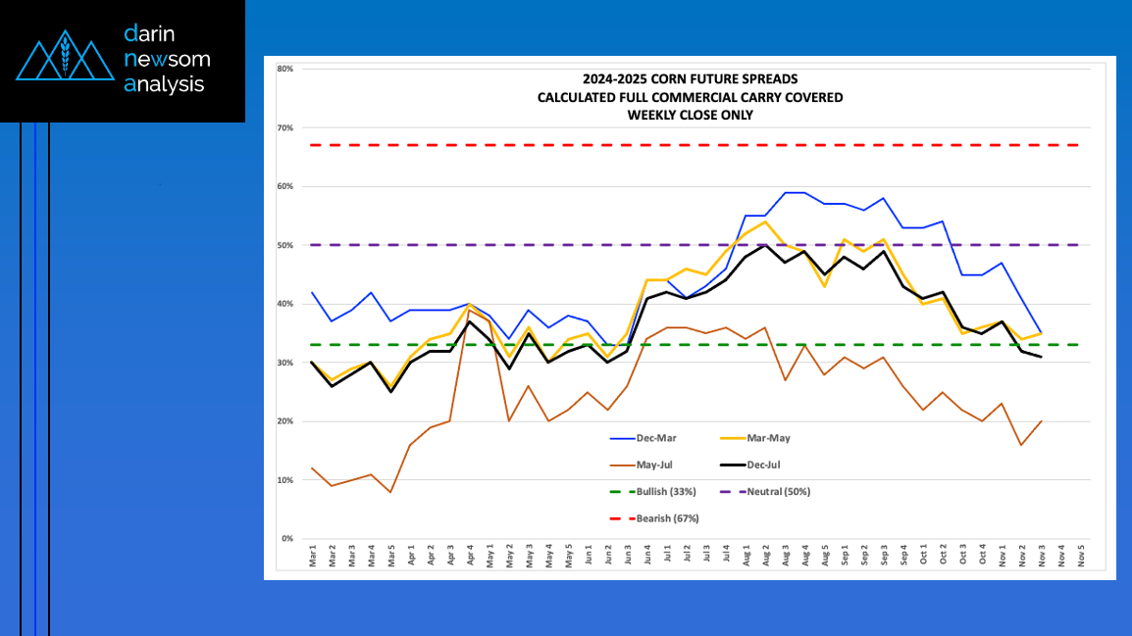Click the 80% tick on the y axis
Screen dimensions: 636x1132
[285, 69]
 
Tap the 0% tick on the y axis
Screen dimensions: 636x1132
[287, 539]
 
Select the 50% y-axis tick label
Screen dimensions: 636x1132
[285, 245]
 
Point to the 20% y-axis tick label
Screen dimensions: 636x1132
[285, 421]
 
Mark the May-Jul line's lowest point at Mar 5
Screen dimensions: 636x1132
[391, 492]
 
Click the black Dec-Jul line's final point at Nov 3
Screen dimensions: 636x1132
[1041, 357]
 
